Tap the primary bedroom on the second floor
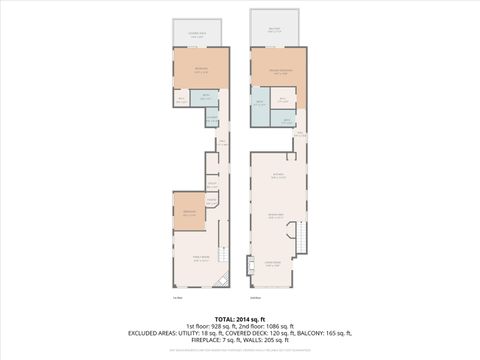pos(278,71)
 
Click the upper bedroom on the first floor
pos(201,70)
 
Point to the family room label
pos(200,258)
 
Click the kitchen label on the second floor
pos(279,175)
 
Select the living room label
pos(273,264)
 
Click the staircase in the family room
pos(223,254)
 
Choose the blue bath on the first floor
pos(205,99)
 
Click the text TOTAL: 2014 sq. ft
pos(239,317)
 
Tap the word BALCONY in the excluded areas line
pos(306,335)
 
